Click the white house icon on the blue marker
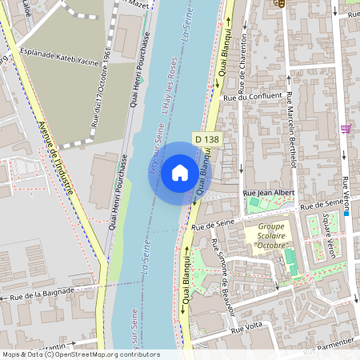[x=180, y=172]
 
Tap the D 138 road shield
[x=206, y=140]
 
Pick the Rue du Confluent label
[x=254, y=98]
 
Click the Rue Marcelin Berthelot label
[x=290, y=128]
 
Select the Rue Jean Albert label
[x=269, y=193]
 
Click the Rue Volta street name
[x=246, y=327]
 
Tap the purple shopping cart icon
[x=346, y=128]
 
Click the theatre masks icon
[x=279, y=4]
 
